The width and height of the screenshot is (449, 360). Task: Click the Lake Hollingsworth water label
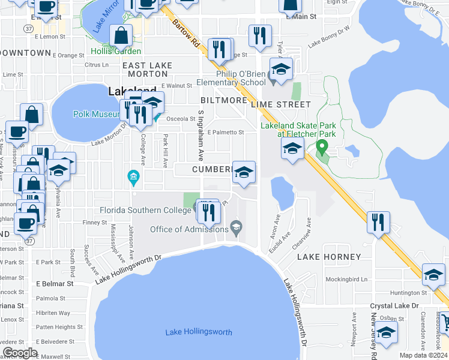point(199,332)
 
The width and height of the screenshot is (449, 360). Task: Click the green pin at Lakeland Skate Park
point(322,147)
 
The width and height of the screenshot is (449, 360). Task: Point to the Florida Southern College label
point(146,210)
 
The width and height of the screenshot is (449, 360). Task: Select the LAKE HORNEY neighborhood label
point(330,257)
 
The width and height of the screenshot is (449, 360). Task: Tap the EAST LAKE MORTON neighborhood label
point(147,69)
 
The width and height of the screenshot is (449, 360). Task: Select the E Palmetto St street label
point(226,133)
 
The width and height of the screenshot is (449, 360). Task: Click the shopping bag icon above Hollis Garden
point(121,36)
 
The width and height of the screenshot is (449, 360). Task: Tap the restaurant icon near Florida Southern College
point(208,212)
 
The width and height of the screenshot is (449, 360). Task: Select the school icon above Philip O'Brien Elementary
point(280,69)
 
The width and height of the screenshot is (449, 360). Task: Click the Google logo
point(20,353)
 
